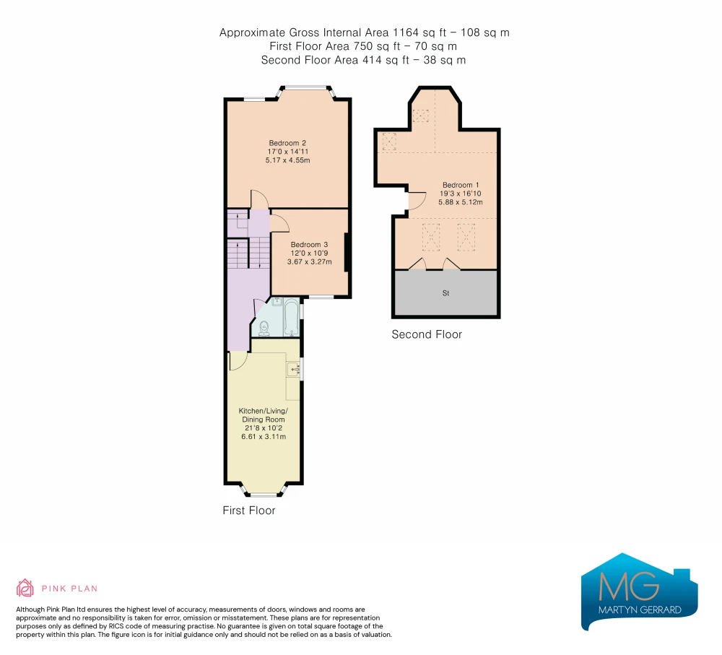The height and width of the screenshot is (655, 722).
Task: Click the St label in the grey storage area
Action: pyautogui.click(x=445, y=293)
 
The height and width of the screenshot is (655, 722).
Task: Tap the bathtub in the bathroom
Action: pyautogui.click(x=292, y=317)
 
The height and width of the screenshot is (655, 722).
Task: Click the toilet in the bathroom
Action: pyautogui.click(x=264, y=329)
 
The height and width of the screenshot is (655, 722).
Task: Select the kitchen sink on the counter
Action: pyautogui.click(x=292, y=369)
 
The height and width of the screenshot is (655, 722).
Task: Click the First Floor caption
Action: pyautogui.click(x=249, y=511)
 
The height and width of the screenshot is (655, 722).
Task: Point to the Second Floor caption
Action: pyautogui.click(x=427, y=334)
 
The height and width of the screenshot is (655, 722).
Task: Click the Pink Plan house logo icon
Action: pyautogui.click(x=25, y=589)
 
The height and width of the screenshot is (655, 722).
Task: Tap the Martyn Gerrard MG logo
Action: pyautogui.click(x=640, y=591)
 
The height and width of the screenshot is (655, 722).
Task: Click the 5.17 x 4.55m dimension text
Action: pyautogui.click(x=288, y=160)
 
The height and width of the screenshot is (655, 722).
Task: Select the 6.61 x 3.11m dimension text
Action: pyautogui.click(x=264, y=437)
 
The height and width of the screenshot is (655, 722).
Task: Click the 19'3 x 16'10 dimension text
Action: pyautogui.click(x=461, y=194)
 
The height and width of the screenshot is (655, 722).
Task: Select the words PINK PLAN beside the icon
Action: pyautogui.click(x=69, y=589)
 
